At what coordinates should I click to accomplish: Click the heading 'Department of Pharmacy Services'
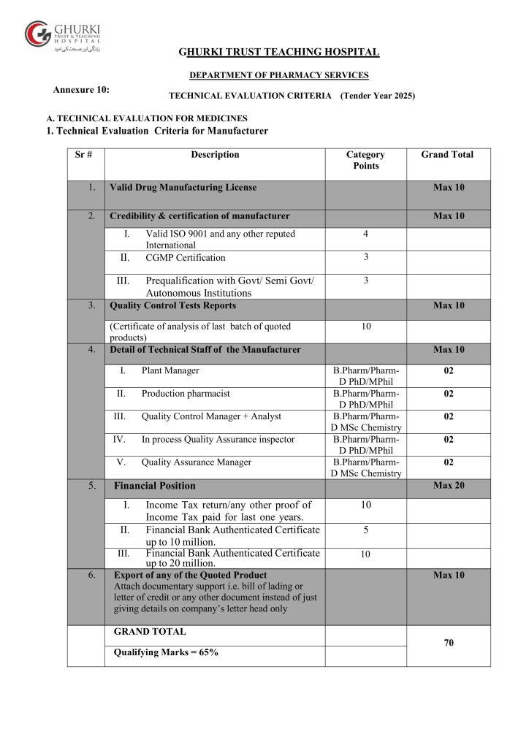click(x=278, y=75)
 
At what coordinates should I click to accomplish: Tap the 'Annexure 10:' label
click(x=82, y=89)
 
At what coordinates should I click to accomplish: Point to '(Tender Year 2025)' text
click(x=378, y=96)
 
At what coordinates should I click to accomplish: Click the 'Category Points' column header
click(x=365, y=160)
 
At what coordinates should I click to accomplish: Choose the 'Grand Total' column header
click(x=447, y=155)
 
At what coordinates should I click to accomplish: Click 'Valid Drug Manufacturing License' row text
click(x=183, y=188)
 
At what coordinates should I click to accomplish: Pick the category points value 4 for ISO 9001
click(x=365, y=234)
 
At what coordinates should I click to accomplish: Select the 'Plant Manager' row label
click(x=170, y=371)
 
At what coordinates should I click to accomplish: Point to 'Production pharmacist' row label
click(x=186, y=394)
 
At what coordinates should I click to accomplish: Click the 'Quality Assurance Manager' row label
click(x=196, y=462)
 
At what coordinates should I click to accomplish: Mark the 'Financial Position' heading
click(x=155, y=486)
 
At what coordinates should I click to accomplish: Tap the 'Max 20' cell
click(x=448, y=486)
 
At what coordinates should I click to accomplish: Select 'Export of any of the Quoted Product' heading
click(x=188, y=576)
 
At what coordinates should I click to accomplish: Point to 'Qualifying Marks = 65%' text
click(x=166, y=653)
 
